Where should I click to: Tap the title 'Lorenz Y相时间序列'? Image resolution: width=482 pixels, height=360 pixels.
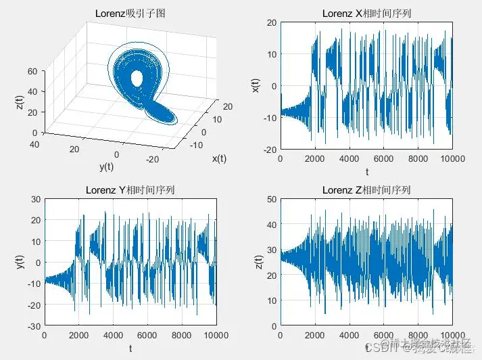[130, 189]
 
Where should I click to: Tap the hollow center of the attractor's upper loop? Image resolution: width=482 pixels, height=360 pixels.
[137, 79]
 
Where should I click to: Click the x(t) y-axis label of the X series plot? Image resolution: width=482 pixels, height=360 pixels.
[256, 86]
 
